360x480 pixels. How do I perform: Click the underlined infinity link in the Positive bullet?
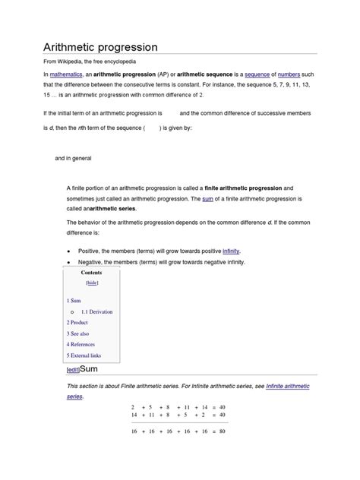coord(232,250)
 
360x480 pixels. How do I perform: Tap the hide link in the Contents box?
coord(92,282)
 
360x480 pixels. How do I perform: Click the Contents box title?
coord(92,271)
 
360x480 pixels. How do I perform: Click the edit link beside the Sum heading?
coord(73,370)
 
